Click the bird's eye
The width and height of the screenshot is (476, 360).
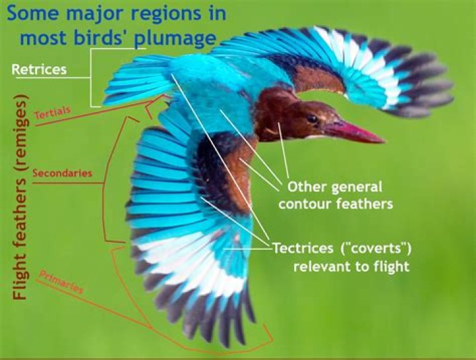[311, 119]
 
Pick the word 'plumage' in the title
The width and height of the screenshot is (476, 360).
[175, 38]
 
